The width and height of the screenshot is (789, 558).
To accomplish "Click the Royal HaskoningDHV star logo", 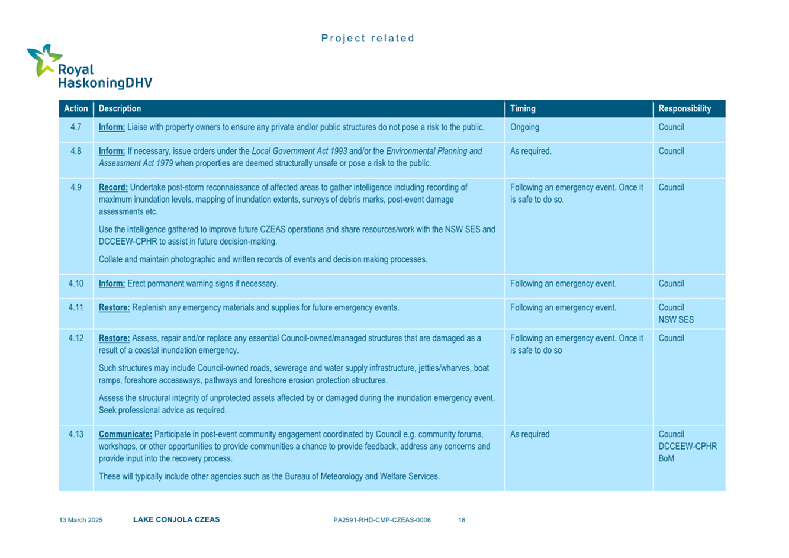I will point(44,59).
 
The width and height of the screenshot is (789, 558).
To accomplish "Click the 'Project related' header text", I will point(368,39).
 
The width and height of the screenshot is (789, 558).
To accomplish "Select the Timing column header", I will point(523,108).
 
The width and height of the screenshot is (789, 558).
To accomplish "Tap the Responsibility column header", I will point(684,108).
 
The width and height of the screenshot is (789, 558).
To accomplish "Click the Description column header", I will point(120,108).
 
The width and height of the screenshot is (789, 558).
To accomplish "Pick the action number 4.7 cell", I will point(76,127).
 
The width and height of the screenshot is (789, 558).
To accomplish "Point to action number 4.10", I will point(76,284).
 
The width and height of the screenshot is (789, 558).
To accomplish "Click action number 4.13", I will point(76,434).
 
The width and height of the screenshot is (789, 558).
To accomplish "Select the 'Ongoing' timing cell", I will point(524,127).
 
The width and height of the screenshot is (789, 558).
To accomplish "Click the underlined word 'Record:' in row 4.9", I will point(113,187).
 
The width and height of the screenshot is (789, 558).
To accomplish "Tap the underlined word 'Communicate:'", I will point(125,434).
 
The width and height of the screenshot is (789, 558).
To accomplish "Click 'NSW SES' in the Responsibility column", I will point(676,319).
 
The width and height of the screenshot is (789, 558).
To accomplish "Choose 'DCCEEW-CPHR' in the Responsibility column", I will point(687,446).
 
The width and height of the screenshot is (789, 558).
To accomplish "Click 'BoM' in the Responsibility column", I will point(666,458).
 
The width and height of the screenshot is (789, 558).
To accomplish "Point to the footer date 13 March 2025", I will point(80,520).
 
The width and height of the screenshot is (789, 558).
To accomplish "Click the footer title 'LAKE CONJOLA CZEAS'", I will point(176,519).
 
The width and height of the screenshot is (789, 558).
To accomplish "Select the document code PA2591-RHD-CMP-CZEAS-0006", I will point(382,520).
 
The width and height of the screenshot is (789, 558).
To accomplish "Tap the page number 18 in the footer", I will point(462,520).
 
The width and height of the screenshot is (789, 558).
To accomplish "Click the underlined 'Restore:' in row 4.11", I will point(114,307).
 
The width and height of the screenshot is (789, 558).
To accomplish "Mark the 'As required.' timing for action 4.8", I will point(530,151).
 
